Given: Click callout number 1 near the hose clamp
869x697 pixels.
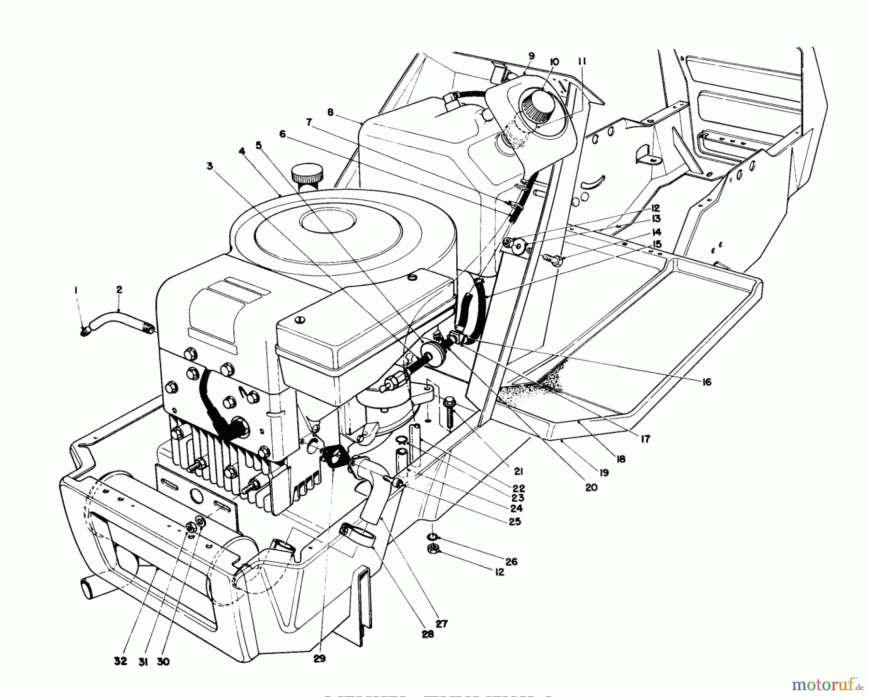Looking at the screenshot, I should pyautogui.click(x=75, y=290).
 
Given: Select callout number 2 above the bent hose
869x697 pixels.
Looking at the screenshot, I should pyautogui.click(x=119, y=290).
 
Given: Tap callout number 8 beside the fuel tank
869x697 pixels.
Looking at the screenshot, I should pyautogui.click(x=330, y=112).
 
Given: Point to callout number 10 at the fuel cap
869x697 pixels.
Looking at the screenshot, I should pyautogui.click(x=554, y=62).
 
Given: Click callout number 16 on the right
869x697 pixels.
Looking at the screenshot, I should pyautogui.click(x=707, y=382).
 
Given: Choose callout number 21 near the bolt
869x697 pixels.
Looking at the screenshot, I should pyautogui.click(x=519, y=472).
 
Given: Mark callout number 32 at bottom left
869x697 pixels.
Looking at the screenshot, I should pyautogui.click(x=121, y=662).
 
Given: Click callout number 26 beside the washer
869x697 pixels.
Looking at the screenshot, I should pyautogui.click(x=511, y=561).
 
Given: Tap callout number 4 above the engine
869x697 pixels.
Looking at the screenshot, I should pyautogui.click(x=241, y=152).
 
